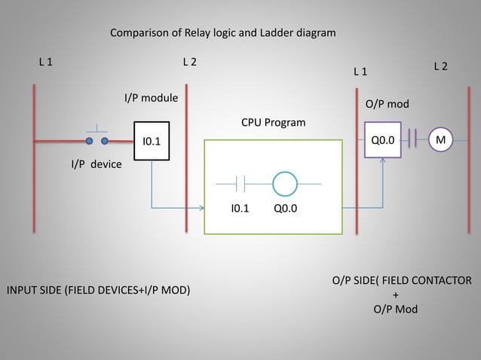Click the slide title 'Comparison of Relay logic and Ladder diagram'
(x=223, y=33)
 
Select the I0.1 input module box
(x=152, y=140)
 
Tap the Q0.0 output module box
(x=382, y=139)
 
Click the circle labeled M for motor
(x=440, y=139)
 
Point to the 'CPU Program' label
(x=274, y=122)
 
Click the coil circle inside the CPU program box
(x=286, y=183)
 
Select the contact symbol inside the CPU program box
(x=240, y=183)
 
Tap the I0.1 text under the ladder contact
(x=240, y=209)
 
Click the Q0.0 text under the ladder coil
(x=286, y=209)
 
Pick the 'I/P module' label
(x=151, y=98)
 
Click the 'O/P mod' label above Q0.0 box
(x=387, y=104)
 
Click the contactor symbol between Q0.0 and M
(x=412, y=139)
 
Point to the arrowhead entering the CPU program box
(x=201, y=207)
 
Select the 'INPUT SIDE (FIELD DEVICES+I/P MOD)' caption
(x=98, y=290)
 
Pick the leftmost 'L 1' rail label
(x=46, y=62)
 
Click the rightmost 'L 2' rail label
(x=440, y=67)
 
